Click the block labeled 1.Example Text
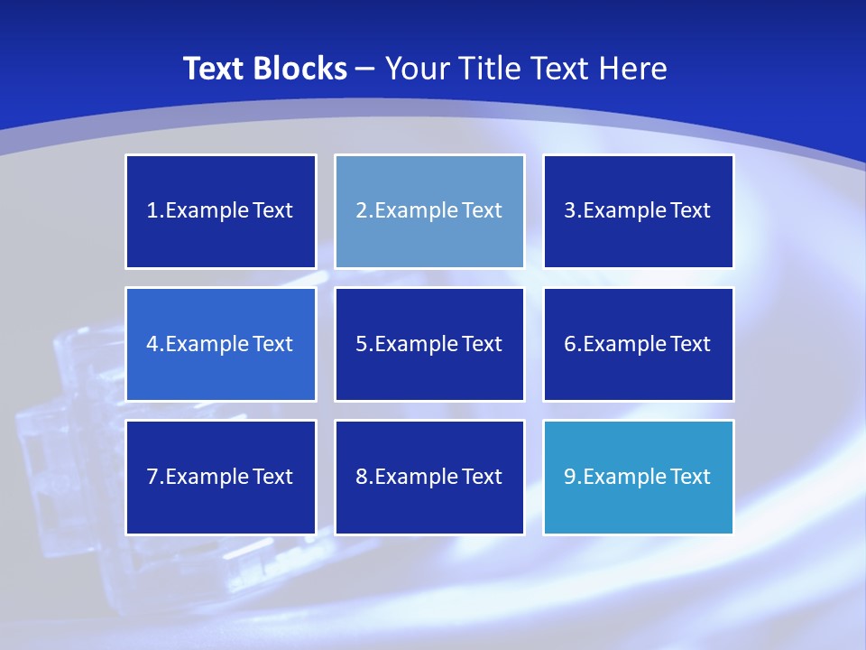click(221, 211)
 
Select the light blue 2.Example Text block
click(429, 211)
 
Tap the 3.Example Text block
click(639, 211)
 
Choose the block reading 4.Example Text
click(221, 344)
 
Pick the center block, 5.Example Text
click(429, 344)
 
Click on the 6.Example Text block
click(639, 344)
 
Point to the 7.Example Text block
click(221, 477)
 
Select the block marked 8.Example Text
click(429, 477)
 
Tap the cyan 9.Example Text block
click(639, 477)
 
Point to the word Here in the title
click(635, 69)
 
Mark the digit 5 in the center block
click(361, 344)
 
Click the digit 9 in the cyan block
click(570, 477)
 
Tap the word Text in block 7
click(272, 477)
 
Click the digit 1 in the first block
click(152, 211)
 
